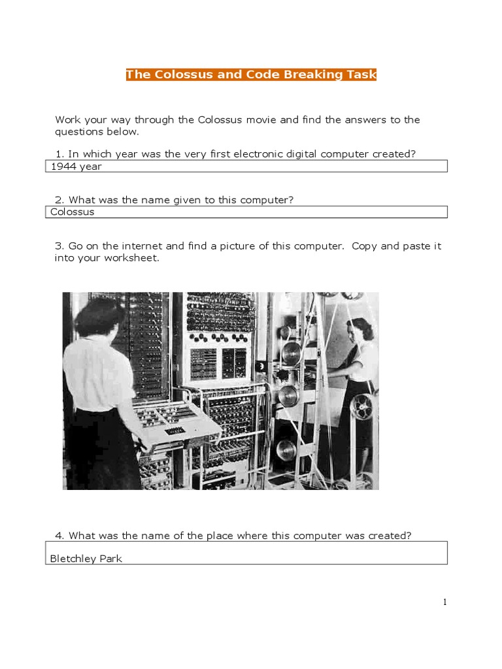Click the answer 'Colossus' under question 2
point(73,212)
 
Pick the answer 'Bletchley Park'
point(86,559)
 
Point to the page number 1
point(445,602)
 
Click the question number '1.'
point(59,154)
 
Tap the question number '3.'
point(59,246)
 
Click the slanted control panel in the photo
point(176,421)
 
